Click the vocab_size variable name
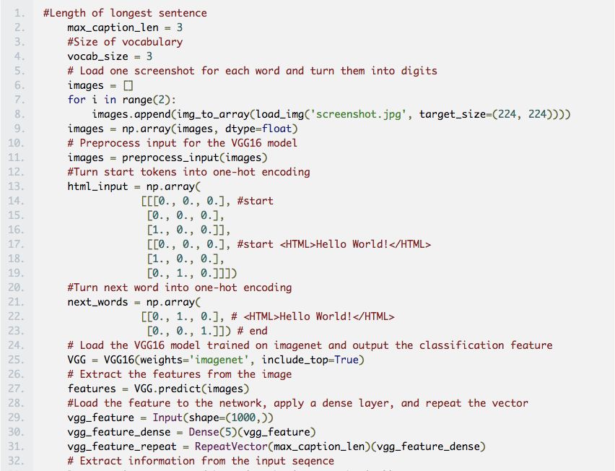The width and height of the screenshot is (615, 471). pyautogui.click(x=97, y=56)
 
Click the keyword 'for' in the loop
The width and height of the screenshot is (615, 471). pyautogui.click(x=77, y=100)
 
